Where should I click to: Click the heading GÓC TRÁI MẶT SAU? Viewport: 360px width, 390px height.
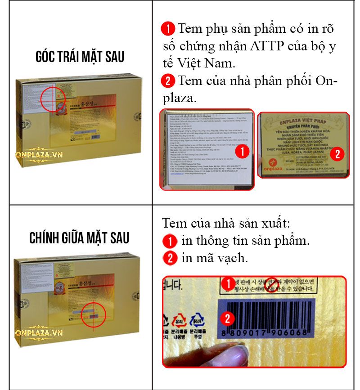coord(80,57)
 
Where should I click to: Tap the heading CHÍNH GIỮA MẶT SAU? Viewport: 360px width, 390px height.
coord(79,238)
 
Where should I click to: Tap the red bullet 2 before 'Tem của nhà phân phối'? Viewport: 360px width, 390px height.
coord(168,81)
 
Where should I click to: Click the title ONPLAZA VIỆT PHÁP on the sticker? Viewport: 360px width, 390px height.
coord(306,123)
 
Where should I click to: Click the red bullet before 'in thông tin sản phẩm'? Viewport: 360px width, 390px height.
coord(170,241)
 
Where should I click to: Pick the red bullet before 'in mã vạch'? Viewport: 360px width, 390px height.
coord(170,259)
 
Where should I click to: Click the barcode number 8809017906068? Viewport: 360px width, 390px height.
coord(265,333)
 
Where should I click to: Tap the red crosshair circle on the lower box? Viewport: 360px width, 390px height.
coord(94,316)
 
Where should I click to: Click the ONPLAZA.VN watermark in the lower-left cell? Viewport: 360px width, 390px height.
coord(38,333)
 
